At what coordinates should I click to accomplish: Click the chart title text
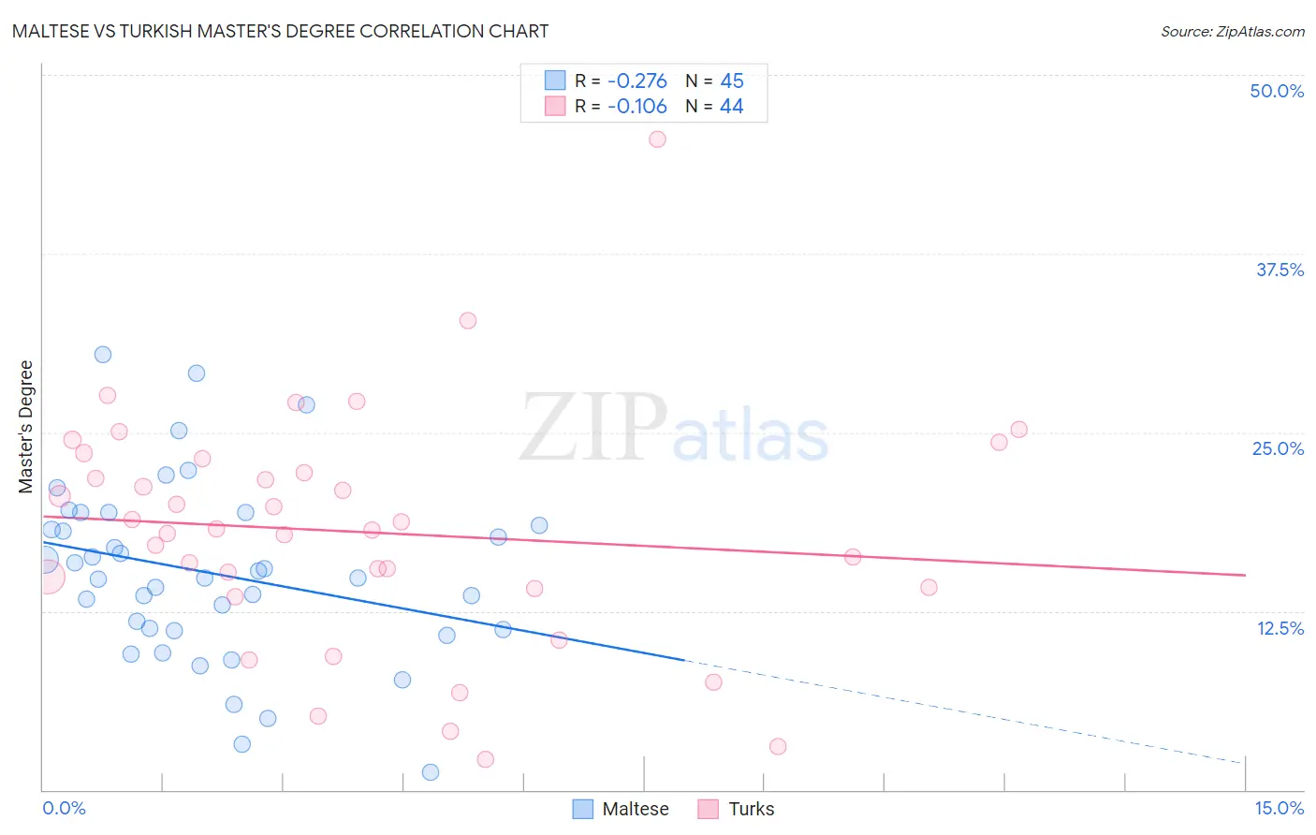click(280, 31)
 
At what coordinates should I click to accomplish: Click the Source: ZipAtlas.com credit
click(1232, 31)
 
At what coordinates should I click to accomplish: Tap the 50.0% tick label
click(1277, 91)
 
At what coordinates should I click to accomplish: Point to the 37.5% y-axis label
click(1279, 270)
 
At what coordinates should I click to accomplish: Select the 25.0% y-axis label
click(1278, 448)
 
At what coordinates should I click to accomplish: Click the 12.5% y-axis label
click(1279, 628)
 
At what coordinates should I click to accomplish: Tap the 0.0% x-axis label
click(64, 808)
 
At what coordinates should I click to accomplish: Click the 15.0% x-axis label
click(1279, 808)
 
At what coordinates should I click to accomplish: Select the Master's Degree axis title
click(26, 426)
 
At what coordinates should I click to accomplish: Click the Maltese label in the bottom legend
click(636, 809)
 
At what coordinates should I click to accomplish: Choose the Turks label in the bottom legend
click(752, 809)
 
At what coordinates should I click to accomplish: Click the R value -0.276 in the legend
click(636, 81)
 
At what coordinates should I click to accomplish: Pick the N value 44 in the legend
click(731, 107)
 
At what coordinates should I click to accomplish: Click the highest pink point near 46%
click(657, 139)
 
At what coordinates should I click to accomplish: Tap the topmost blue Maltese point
click(103, 355)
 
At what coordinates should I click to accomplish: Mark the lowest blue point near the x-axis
click(431, 772)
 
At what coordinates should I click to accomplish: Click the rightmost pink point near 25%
click(1019, 430)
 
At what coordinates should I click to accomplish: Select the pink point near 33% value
click(468, 320)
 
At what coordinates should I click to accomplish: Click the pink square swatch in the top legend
click(555, 107)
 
